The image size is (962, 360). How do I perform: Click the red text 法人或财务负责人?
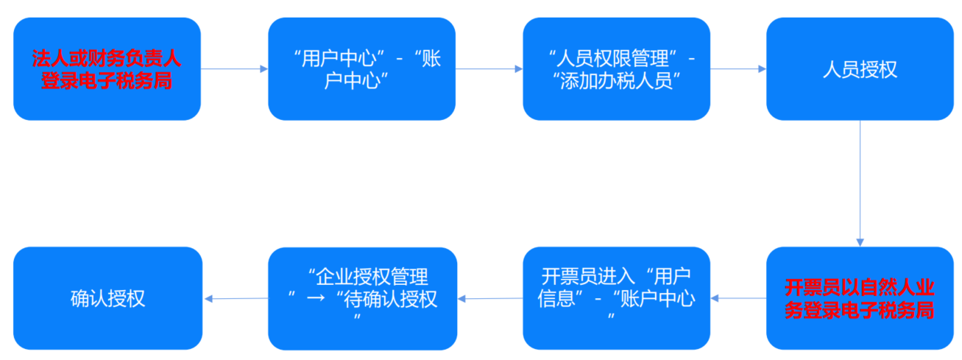click(x=107, y=57)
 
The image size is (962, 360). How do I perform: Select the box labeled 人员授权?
click(x=860, y=69)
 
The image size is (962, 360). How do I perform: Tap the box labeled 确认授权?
click(x=107, y=298)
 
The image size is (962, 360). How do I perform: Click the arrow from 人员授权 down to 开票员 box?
click(x=860, y=183)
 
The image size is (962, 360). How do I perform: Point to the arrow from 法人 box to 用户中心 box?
click(x=234, y=69)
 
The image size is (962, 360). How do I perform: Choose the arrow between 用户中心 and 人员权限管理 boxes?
click(x=489, y=69)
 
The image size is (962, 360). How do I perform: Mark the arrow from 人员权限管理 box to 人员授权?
click(x=738, y=69)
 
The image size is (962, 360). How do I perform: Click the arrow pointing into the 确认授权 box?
click(x=236, y=298)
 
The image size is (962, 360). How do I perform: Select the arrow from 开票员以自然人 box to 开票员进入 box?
click(x=738, y=298)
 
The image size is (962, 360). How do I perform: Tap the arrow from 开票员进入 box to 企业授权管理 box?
click(x=489, y=298)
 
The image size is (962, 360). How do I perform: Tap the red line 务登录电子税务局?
click(x=860, y=310)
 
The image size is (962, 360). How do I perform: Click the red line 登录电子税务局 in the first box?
click(x=107, y=81)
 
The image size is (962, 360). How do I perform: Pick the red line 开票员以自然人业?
click(x=860, y=286)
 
